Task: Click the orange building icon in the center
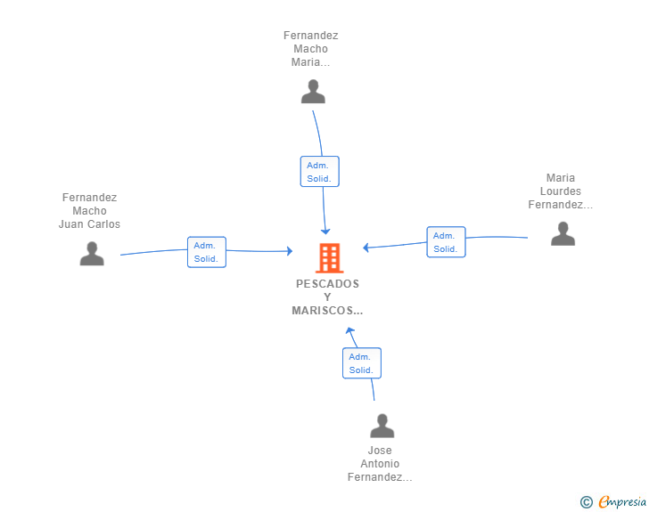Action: tap(330, 258)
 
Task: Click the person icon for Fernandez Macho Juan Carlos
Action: tap(92, 254)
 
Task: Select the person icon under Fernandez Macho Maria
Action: tap(313, 92)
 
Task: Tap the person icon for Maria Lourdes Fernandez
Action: tap(563, 233)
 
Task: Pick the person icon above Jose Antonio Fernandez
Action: tap(382, 426)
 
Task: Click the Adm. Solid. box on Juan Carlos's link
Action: tap(207, 252)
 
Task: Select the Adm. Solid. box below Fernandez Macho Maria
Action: tap(319, 172)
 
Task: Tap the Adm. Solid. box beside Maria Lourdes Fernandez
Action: tap(446, 242)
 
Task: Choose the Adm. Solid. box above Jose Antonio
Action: tap(362, 363)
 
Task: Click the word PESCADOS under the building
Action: tap(327, 284)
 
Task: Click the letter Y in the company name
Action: tap(327, 297)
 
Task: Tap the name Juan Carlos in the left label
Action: tap(89, 224)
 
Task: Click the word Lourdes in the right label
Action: tap(561, 191)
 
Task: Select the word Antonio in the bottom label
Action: tap(380, 464)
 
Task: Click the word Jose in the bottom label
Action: tap(380, 451)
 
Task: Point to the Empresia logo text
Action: tap(622, 502)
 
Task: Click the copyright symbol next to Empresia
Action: tap(587, 502)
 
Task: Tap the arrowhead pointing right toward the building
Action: tap(290, 251)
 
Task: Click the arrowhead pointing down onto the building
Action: tap(325, 232)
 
